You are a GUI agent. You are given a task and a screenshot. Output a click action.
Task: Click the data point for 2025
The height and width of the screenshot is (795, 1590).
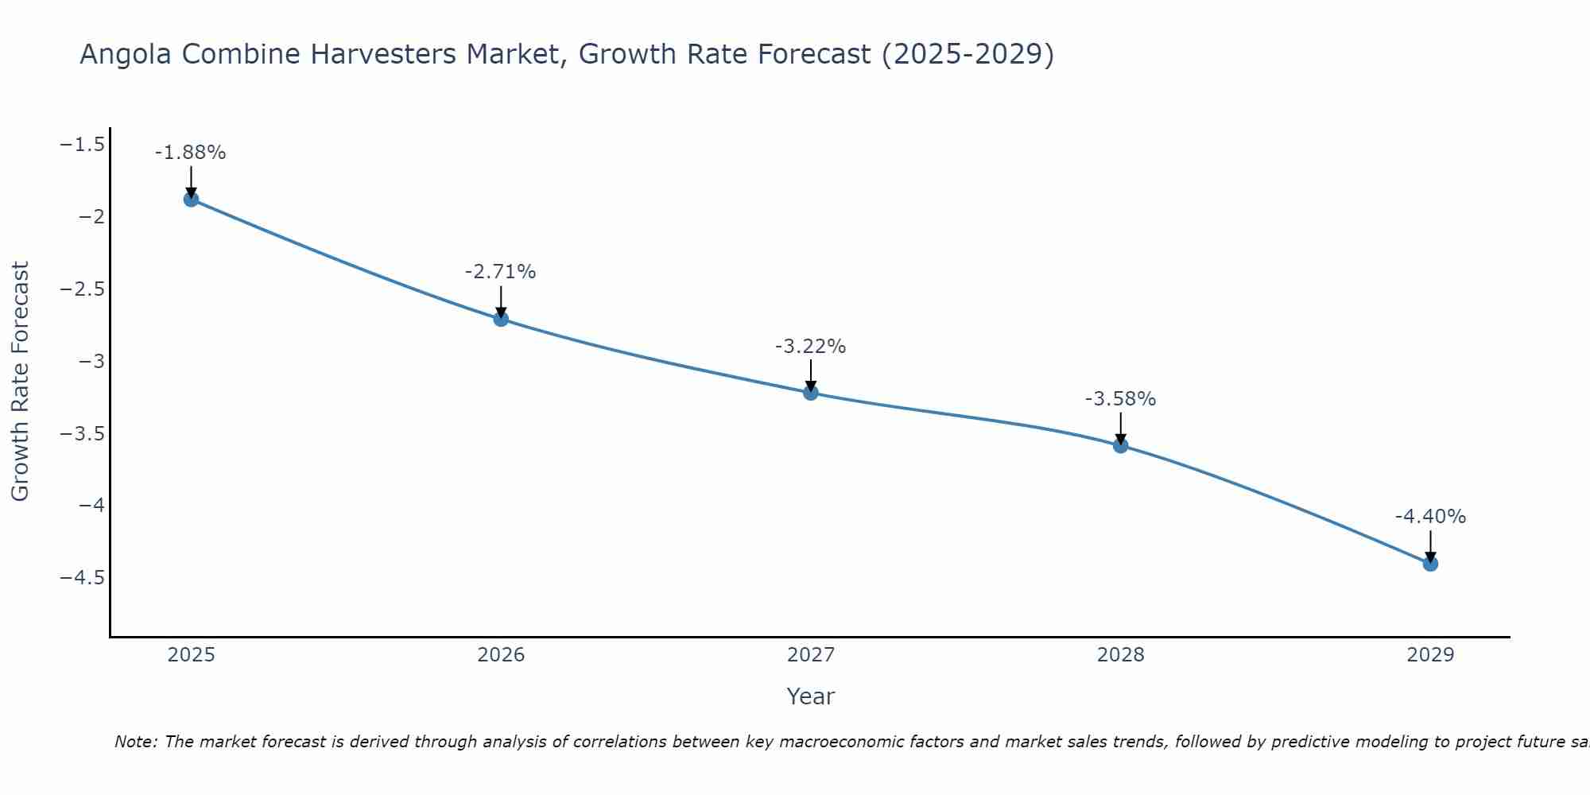point(191,199)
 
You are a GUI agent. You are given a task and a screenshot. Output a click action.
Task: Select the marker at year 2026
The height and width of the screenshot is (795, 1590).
point(501,319)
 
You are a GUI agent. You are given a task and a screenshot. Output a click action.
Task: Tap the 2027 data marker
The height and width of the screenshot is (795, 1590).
point(811,393)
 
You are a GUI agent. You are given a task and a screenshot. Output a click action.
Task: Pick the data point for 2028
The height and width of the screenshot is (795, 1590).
point(1120,445)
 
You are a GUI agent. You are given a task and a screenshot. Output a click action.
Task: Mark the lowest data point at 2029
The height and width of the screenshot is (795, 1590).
point(1430,564)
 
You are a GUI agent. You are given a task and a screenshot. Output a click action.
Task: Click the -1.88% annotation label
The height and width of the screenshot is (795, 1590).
point(190,153)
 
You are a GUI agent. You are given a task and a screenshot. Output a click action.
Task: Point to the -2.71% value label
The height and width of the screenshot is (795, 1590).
point(500,272)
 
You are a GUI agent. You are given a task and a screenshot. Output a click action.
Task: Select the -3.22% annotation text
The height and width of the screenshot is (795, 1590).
point(810,347)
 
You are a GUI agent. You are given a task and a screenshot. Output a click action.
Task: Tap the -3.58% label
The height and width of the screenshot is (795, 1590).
point(1120,399)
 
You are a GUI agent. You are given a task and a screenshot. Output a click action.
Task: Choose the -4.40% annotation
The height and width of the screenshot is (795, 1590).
point(1430,517)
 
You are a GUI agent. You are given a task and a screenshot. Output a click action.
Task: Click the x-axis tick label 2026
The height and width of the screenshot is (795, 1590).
point(501,655)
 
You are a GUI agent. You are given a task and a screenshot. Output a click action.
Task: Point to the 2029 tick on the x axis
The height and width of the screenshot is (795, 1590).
point(1430,655)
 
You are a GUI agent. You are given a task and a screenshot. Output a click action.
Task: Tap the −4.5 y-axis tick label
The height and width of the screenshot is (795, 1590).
point(83,577)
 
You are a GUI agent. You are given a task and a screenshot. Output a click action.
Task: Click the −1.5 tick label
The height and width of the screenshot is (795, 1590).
point(83,144)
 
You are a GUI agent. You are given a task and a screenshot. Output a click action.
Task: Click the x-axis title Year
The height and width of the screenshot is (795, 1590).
point(810,696)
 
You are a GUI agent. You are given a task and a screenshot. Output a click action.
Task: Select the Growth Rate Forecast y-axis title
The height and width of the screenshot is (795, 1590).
point(20,382)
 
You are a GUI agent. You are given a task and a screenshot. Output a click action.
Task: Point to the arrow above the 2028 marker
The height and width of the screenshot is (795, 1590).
point(1120,426)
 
